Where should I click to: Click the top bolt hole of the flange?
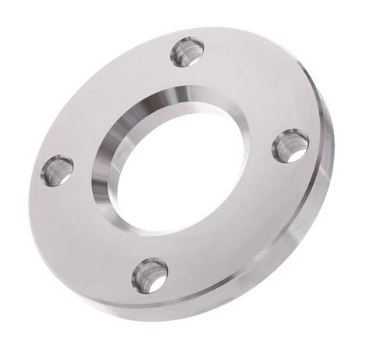186,52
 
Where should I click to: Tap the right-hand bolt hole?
290,145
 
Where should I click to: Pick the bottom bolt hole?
149,274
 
